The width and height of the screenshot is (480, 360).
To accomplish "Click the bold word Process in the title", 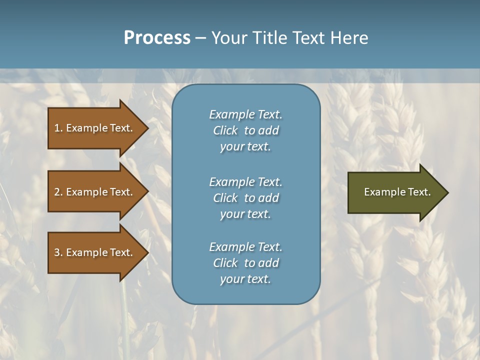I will [157, 38].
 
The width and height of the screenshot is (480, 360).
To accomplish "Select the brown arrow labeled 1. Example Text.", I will [95, 128].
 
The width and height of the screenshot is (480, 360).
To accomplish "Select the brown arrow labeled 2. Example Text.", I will [95, 192].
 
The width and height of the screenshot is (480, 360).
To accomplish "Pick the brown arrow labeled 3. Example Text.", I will [95, 252].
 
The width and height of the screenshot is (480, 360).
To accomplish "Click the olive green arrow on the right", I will [395, 192].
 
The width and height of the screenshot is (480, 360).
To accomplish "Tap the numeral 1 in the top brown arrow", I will [56, 128].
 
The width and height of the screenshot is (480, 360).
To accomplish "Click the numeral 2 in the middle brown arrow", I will [56, 192].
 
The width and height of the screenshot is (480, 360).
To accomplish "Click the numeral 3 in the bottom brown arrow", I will [56, 253].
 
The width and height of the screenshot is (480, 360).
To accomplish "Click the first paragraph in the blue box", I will [245, 130].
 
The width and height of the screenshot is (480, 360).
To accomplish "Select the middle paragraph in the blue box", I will [245, 198].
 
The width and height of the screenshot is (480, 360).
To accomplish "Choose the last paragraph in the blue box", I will [245, 263].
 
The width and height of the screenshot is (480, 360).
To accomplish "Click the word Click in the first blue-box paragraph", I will [225, 130].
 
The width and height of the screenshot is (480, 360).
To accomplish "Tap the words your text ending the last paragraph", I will [245, 279].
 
